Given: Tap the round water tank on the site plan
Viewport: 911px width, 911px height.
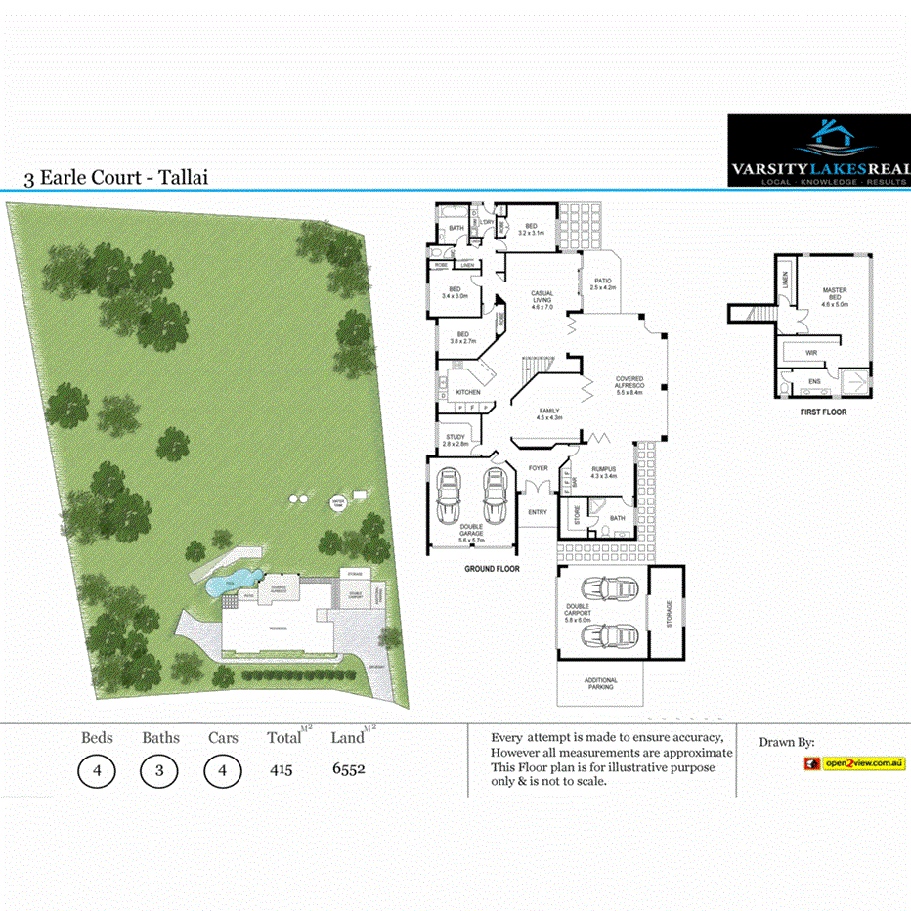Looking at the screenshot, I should pyautogui.click(x=338, y=502).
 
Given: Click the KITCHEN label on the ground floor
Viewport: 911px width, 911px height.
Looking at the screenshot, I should pyautogui.click(x=468, y=392).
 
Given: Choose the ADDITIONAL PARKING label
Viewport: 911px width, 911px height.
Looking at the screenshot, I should pyautogui.click(x=600, y=683).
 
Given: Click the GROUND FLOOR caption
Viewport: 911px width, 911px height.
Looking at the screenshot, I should pyautogui.click(x=492, y=568).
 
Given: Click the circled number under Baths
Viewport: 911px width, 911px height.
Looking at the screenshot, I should pyautogui.click(x=159, y=770).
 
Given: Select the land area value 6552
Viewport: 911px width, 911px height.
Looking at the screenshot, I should pyautogui.click(x=348, y=769).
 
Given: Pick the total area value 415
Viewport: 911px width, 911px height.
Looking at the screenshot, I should pyautogui.click(x=281, y=769).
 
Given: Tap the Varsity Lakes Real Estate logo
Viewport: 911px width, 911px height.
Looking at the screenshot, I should pyautogui.click(x=819, y=152).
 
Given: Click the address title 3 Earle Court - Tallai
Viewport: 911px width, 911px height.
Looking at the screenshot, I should pyautogui.click(x=116, y=178).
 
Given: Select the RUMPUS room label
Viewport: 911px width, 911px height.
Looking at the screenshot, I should pyautogui.click(x=604, y=470).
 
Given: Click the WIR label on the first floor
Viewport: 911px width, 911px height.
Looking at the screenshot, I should pyautogui.click(x=811, y=353).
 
